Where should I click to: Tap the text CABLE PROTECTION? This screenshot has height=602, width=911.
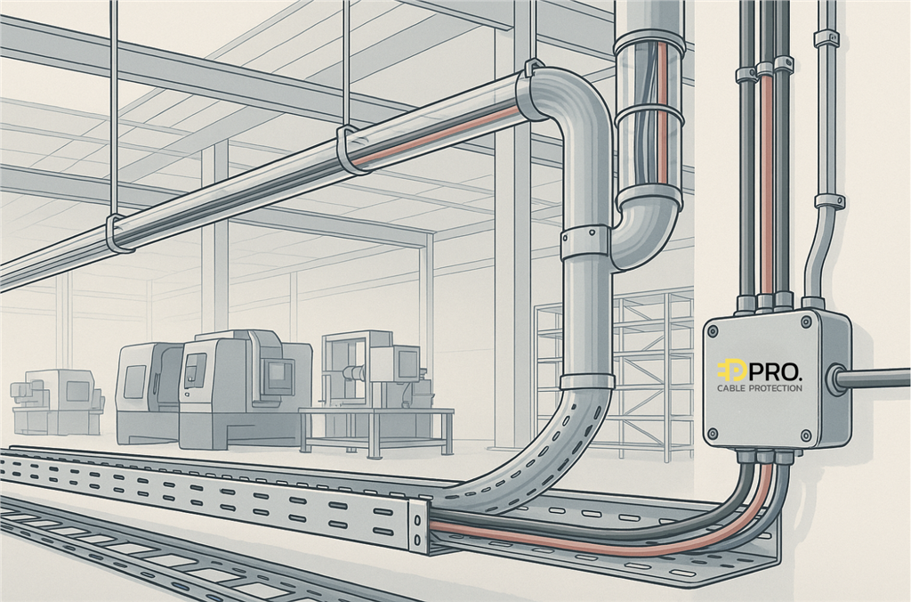[x=760, y=388]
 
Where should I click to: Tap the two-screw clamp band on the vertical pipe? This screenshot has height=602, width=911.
[x=585, y=243]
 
